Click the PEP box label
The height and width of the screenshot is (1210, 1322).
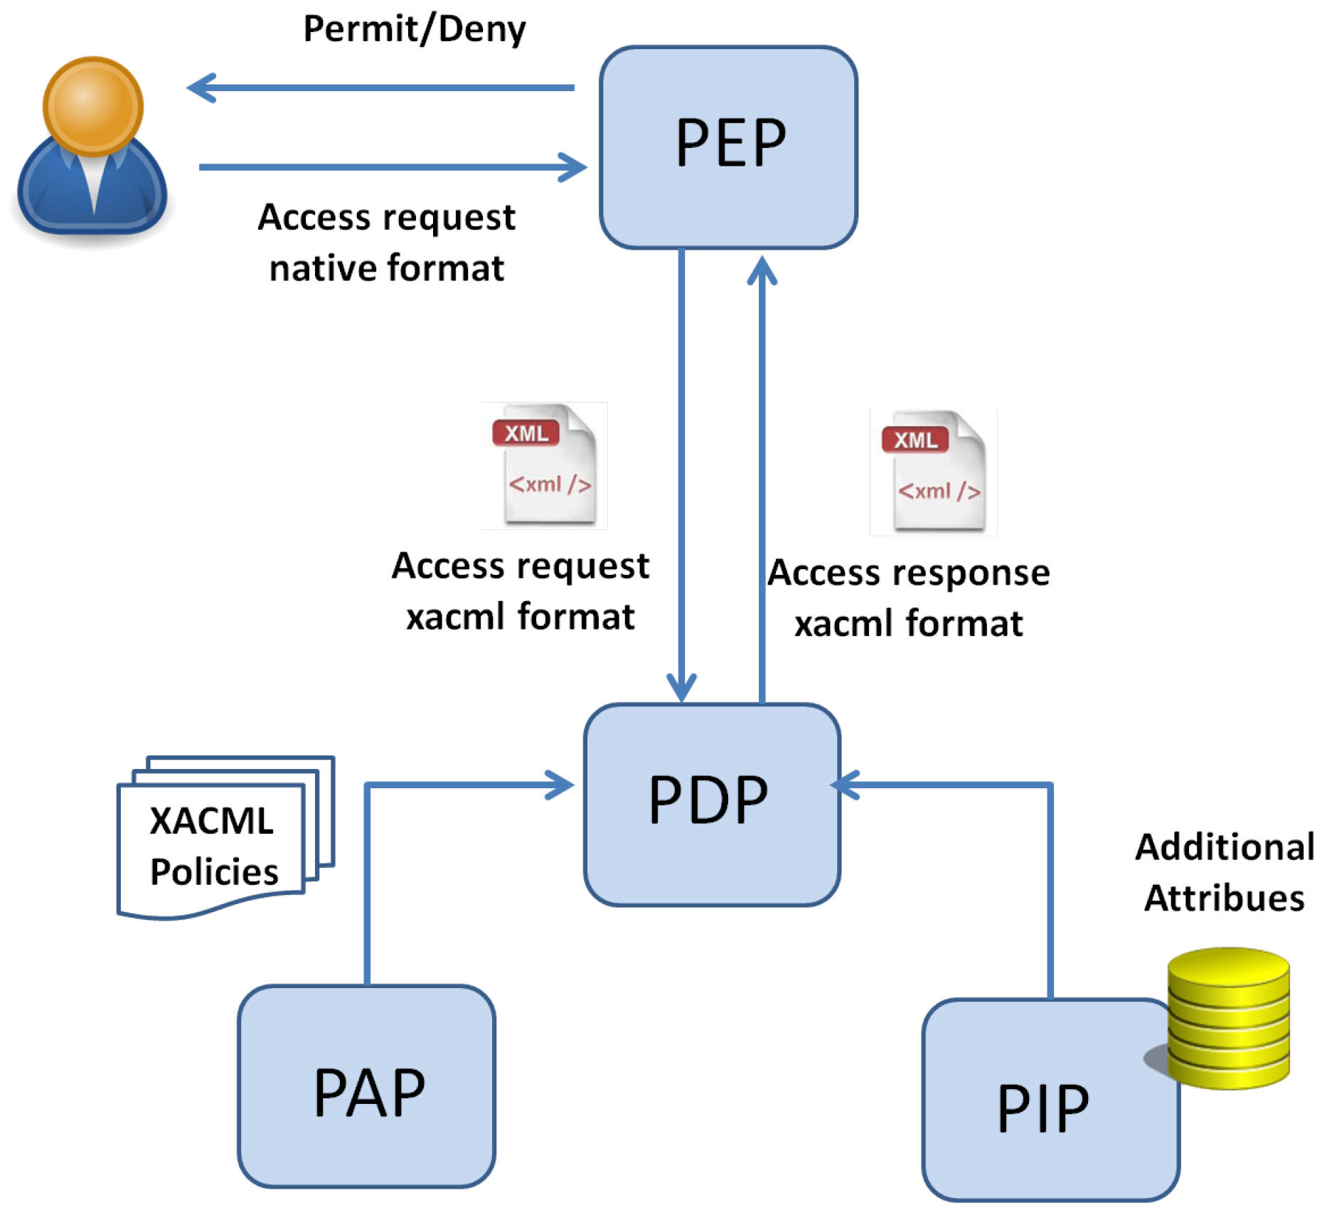click(730, 143)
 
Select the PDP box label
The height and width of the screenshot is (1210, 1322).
click(708, 800)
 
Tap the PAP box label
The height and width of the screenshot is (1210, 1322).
click(369, 1093)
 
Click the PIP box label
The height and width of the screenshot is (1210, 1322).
click(1043, 1108)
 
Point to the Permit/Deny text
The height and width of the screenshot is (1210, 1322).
click(414, 30)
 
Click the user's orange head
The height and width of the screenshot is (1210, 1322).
click(93, 105)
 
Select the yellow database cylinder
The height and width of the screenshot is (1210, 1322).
click(1228, 1018)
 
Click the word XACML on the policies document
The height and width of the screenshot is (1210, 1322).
click(211, 821)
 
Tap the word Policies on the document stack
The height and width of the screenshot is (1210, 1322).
click(214, 872)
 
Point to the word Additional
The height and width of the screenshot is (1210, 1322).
click(1224, 847)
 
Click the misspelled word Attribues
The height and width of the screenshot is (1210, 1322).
click(1224, 898)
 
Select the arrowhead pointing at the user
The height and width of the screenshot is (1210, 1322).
click(198, 88)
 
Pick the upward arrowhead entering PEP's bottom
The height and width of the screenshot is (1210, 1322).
click(762, 270)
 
